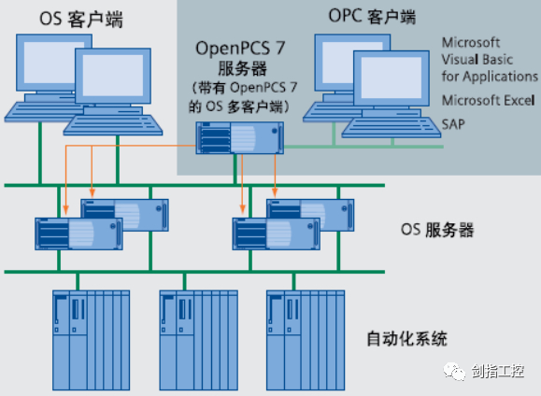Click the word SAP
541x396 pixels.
(x=454, y=122)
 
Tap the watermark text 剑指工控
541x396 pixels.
(x=500, y=371)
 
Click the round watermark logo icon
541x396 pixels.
(x=455, y=371)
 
